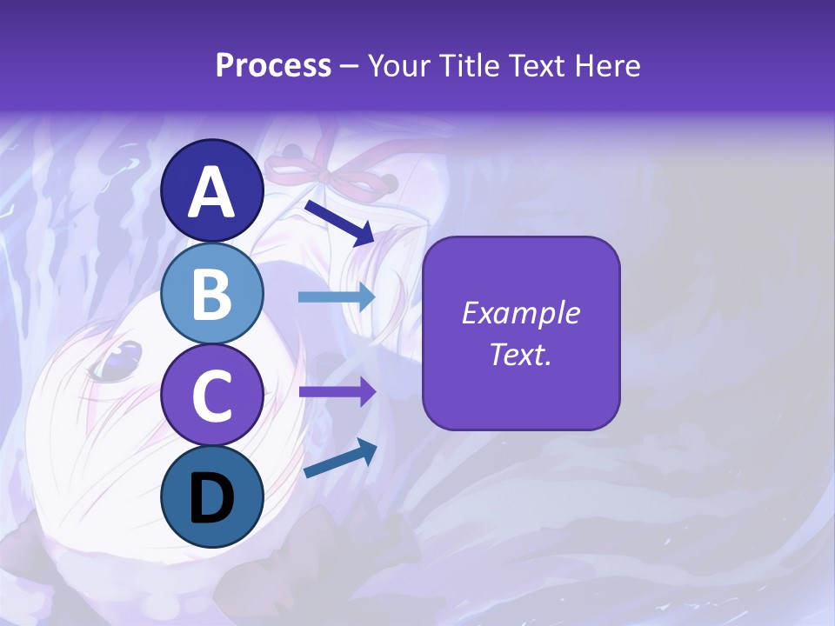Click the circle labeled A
212,191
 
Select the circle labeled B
212,293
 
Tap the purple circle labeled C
212,395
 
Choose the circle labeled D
212,496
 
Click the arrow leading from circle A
339,223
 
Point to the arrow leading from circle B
337,297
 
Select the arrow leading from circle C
337,391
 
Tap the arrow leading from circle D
340,460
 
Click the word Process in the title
273,66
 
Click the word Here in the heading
608,66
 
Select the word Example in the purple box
521,313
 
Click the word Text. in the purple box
521,354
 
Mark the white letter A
212,192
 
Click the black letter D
212,498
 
